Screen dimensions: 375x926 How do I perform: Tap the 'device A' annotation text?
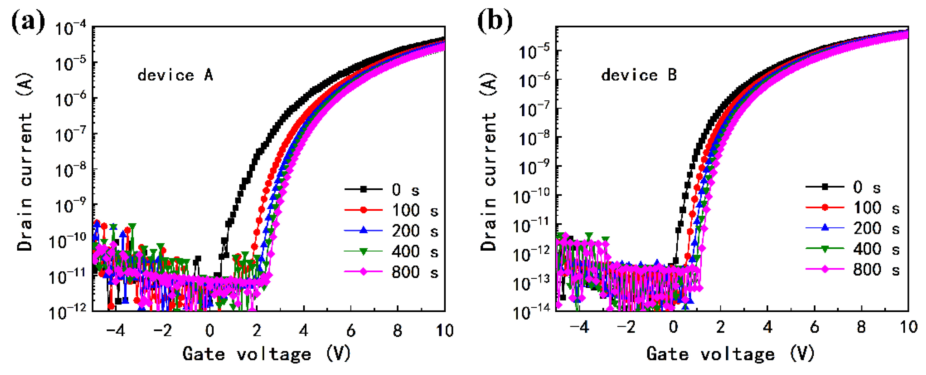pos(175,75)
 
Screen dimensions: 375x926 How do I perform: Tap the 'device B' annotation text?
pos(639,75)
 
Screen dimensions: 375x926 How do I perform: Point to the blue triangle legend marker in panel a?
pos(363,231)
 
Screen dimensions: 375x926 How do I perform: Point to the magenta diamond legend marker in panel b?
pos(825,269)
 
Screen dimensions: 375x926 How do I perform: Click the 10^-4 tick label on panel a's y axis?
pos(71,28)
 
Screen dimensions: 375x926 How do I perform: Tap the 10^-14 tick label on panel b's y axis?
pos(531,312)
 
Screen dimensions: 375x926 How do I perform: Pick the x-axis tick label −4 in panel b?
pos(579,328)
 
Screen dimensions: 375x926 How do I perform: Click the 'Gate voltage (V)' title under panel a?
pos(266,354)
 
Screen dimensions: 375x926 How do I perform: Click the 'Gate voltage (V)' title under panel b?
pos(730,354)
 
